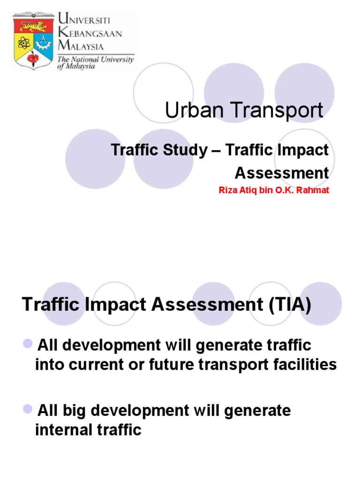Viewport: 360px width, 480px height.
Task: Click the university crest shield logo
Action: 33,41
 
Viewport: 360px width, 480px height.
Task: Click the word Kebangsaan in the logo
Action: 90,34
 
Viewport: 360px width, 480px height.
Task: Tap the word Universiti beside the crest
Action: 84,20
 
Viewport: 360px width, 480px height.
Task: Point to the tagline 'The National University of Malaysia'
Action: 96,63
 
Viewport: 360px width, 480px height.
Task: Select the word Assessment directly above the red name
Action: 281,173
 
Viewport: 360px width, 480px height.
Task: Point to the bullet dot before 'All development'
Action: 27,345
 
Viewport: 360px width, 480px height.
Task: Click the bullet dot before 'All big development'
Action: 27,410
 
